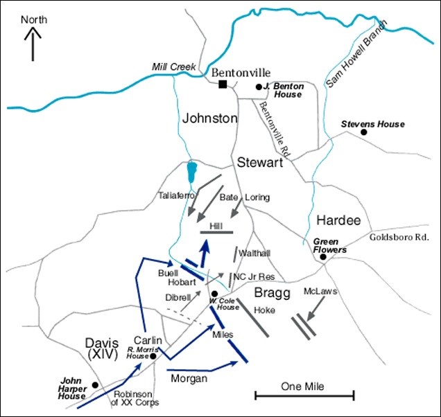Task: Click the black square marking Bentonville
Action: click(223, 85)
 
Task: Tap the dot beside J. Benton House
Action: click(259, 87)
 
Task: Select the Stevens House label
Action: click(372, 124)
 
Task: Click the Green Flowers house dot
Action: click(323, 258)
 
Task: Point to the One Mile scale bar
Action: click(304, 396)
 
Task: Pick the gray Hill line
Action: click(216, 232)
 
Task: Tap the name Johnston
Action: click(209, 118)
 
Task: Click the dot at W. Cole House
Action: click(215, 294)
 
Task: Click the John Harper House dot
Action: click(95, 384)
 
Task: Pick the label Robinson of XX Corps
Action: click(136, 398)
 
